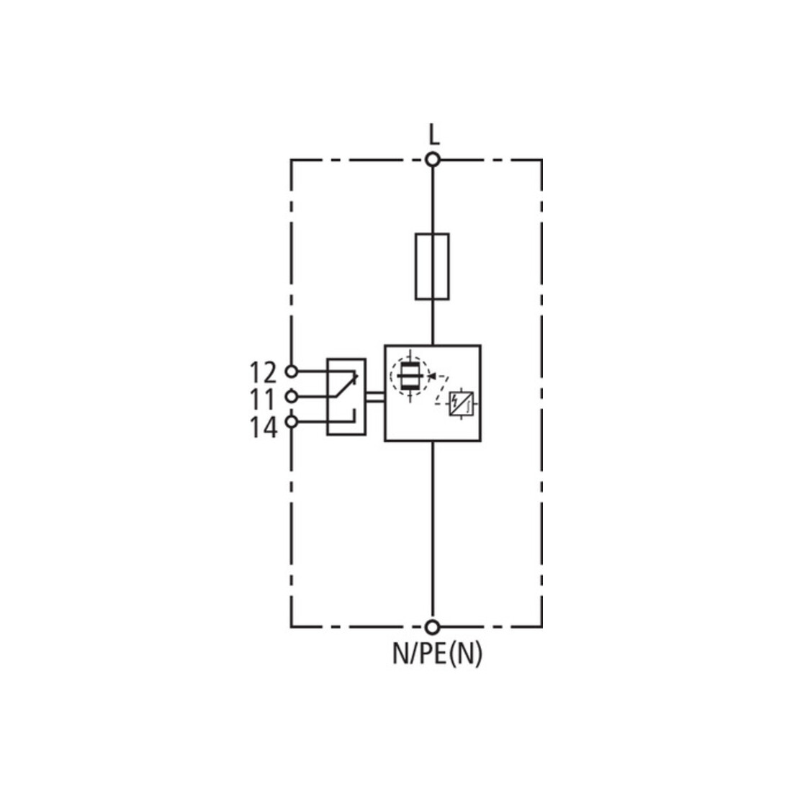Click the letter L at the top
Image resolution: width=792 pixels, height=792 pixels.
[433, 135]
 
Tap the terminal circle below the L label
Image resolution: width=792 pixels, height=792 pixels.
[433, 160]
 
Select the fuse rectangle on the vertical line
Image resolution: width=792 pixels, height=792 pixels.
[433, 266]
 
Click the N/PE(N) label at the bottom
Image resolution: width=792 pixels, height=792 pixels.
[438, 653]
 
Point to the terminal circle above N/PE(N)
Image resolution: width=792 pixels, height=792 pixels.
[432, 627]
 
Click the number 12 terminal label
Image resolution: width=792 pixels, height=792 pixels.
[264, 373]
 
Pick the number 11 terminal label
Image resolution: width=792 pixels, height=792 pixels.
[264, 400]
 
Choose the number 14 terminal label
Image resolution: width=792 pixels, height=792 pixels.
[264, 428]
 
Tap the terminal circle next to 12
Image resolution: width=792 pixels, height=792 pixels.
[292, 372]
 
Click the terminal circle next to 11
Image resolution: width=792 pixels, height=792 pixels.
[292, 397]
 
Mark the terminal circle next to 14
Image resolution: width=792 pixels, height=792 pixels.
[292, 421]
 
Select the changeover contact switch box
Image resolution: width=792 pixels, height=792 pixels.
[346, 397]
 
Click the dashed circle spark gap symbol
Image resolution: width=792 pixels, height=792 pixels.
[410, 376]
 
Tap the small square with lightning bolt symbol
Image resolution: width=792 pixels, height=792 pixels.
[461, 403]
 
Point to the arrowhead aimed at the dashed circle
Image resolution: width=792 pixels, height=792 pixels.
[432, 376]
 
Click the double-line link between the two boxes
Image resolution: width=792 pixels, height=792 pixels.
[375, 397]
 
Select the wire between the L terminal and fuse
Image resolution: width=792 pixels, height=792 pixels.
[433, 200]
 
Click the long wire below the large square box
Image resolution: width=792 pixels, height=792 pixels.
[433, 531]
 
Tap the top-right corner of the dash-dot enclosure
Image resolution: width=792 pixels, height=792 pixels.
[542, 160]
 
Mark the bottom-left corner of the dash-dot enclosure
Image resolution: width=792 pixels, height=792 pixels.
[291, 627]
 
